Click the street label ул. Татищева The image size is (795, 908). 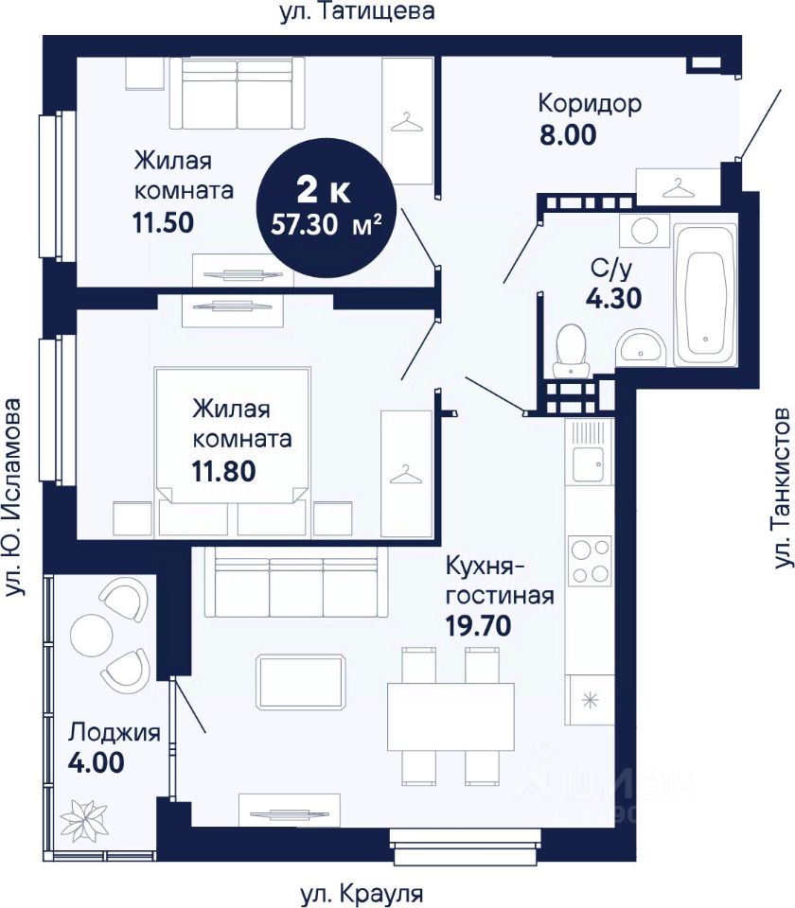point(357,11)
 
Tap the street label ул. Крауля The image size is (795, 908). point(362,894)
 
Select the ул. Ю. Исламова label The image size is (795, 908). point(12,497)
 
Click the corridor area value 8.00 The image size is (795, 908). point(568,134)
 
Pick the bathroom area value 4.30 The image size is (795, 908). point(613,298)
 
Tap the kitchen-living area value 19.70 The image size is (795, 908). point(479,625)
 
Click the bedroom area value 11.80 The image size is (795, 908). point(223,471)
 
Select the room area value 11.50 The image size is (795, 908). point(163,222)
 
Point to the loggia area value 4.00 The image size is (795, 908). point(97,762)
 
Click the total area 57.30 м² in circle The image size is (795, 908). point(327,223)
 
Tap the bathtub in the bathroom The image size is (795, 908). point(705,296)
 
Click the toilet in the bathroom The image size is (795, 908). point(570,351)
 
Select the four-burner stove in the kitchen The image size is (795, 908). point(590,560)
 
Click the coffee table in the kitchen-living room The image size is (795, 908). point(301,682)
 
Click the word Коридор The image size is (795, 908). point(590,104)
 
